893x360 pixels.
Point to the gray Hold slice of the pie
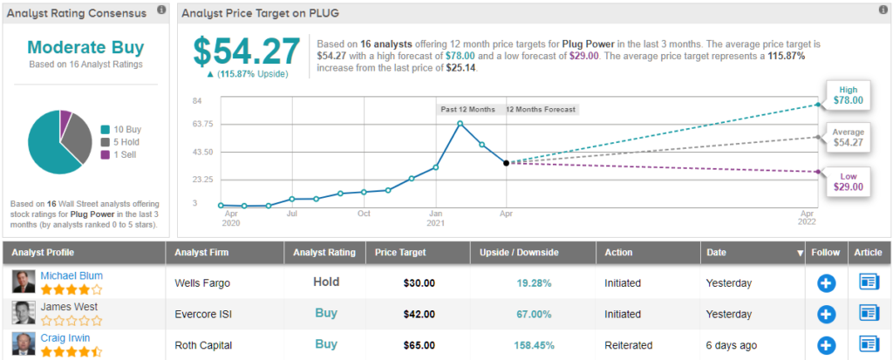point(77,139)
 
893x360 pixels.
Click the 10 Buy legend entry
point(126,130)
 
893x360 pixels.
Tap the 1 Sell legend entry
point(126,154)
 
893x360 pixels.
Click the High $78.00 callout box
point(848,95)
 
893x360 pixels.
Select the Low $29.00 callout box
point(848,181)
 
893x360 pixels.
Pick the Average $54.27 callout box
point(848,137)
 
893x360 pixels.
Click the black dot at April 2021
point(506,163)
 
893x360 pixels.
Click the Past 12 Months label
point(467,109)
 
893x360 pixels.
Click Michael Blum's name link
point(72,276)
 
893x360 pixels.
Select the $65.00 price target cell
point(419,344)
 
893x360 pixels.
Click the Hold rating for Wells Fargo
point(326,282)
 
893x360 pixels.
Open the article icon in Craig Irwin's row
point(869,344)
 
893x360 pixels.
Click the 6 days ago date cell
point(731,344)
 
